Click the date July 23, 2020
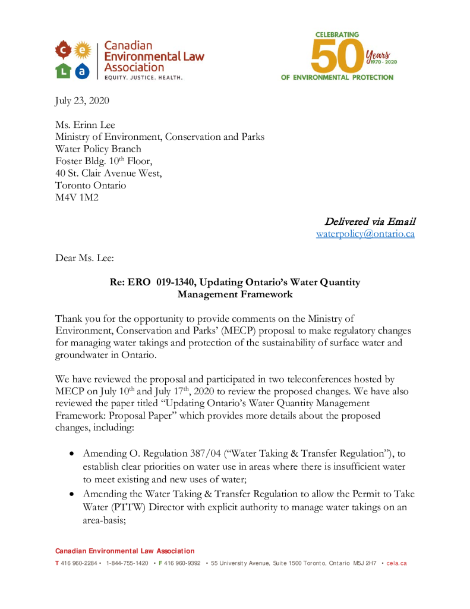click(x=82, y=101)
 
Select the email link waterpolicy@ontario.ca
click(x=365, y=234)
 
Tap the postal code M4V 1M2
click(x=77, y=197)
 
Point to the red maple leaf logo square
click(x=63, y=48)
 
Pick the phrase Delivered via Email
click(x=370, y=222)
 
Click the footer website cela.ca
click(x=396, y=563)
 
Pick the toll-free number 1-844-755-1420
click(x=127, y=563)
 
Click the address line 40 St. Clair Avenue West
click(x=108, y=173)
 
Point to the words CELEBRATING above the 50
click(x=337, y=35)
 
